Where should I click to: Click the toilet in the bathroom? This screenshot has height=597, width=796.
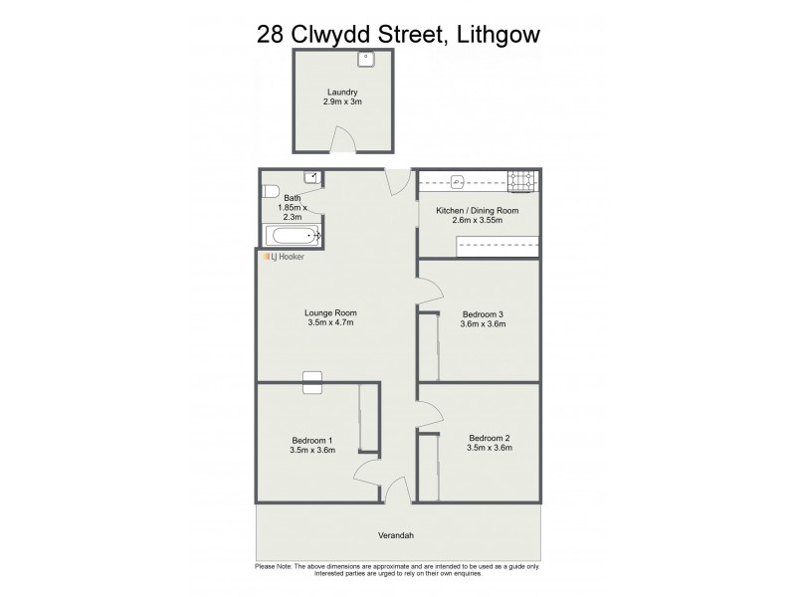[x=269, y=191]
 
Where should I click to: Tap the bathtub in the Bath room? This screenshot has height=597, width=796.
[x=292, y=236]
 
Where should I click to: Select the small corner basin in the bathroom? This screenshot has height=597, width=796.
[x=311, y=177]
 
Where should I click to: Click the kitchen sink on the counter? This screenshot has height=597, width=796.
[x=459, y=181]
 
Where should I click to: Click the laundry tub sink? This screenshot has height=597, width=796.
[x=366, y=59]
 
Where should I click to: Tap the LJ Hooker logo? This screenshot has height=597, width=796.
[x=284, y=257]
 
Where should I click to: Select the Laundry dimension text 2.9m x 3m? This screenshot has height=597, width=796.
[x=341, y=101]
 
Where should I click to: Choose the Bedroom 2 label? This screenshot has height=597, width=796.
[x=489, y=438]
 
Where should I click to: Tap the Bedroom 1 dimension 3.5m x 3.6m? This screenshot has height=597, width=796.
[x=311, y=450]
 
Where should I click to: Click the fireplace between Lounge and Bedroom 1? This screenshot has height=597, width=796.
[x=312, y=377]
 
